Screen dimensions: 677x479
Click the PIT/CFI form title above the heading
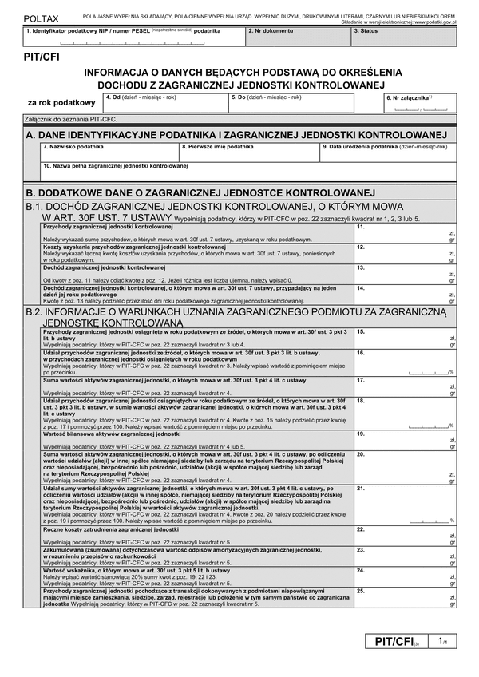[42, 57]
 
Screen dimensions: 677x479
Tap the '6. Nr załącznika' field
[418, 105]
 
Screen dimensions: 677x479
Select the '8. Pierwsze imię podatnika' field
[248, 152]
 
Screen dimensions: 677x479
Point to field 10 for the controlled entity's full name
[248, 172]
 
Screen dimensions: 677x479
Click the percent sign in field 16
[451, 372]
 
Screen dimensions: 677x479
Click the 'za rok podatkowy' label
[61, 103]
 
